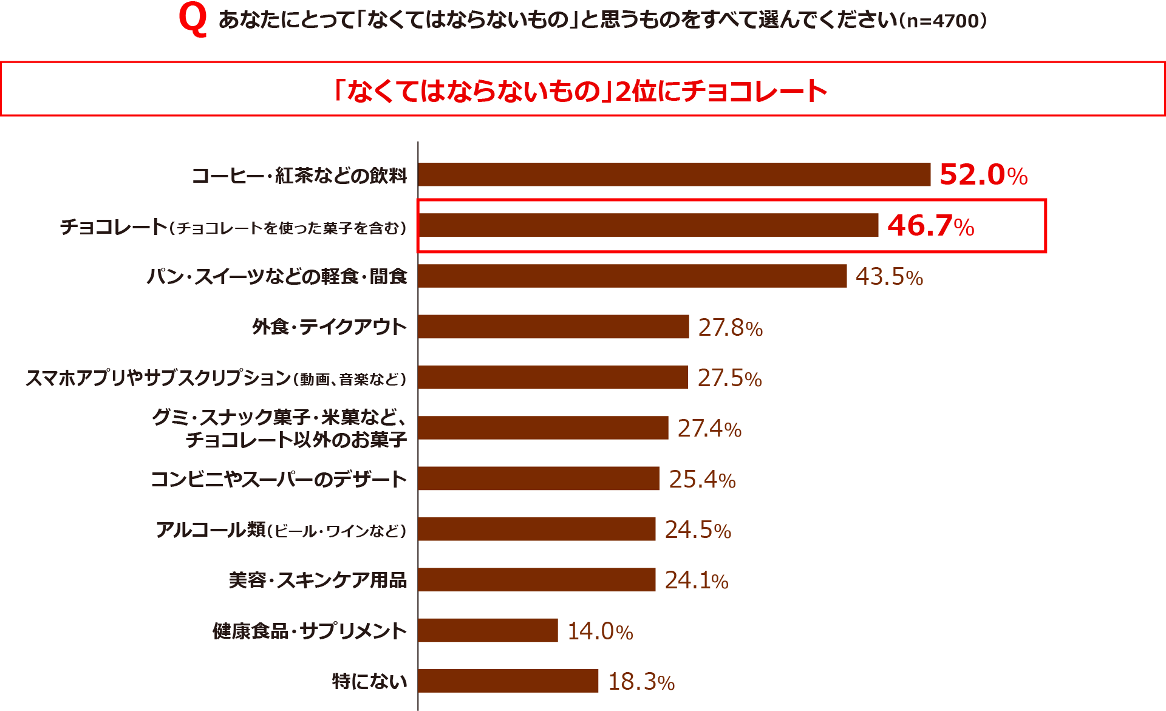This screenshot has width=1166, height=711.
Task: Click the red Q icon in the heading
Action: coord(193,20)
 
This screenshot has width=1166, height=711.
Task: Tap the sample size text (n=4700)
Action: coord(943,21)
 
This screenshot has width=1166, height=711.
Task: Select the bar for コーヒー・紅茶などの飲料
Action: coord(674,174)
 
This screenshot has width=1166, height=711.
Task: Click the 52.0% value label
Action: coord(983,175)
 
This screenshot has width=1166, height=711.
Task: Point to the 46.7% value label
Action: coord(930,226)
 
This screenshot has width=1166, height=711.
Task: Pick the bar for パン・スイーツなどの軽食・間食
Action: coord(632,276)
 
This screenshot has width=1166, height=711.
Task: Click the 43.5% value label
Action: coord(889,277)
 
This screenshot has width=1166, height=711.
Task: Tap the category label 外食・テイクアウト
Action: coord(329,327)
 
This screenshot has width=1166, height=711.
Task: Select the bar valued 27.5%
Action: coord(553,377)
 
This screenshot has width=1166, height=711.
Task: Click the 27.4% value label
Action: coord(709,429)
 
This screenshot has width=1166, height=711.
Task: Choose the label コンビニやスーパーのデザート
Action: coord(279,479)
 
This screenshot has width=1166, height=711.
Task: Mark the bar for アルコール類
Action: coord(537,529)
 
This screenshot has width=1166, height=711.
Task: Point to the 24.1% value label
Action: coord(697,580)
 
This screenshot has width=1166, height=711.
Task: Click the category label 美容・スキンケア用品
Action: coord(318,580)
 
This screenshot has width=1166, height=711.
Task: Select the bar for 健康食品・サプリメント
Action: coord(488,630)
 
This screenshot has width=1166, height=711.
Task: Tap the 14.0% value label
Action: coord(600,631)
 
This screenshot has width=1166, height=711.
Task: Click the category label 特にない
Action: coord(369,681)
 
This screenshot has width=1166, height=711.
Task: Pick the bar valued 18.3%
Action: coord(508,681)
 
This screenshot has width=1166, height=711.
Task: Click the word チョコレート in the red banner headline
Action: coord(754,92)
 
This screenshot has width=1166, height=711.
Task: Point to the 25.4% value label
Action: coord(702,480)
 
